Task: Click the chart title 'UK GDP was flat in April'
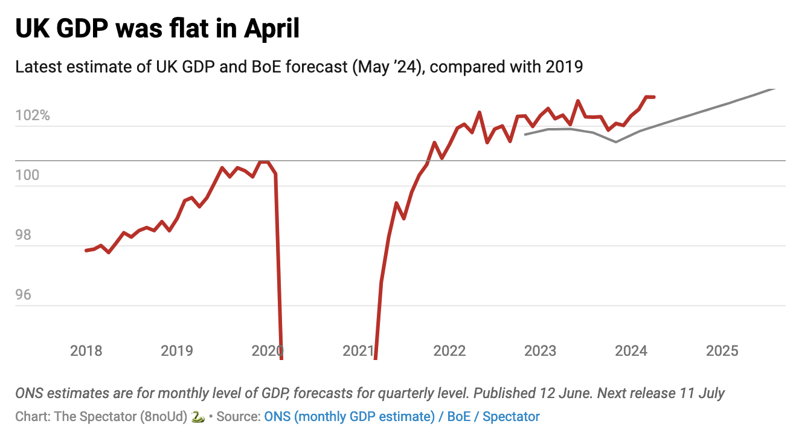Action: [x=157, y=28]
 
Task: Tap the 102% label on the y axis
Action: [x=33, y=115]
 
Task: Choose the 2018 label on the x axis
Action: [x=86, y=350]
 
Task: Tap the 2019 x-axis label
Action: [x=177, y=350]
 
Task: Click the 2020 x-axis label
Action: [x=268, y=350]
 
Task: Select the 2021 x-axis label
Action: [x=359, y=350]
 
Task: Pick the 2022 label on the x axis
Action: [x=449, y=350]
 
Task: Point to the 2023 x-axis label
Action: [x=540, y=350]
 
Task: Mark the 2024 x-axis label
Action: [x=631, y=350]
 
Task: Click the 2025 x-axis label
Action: [x=722, y=350]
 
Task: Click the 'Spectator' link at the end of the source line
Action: [x=511, y=416]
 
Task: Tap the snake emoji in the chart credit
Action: [x=197, y=416]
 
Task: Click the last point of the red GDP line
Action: [x=654, y=97]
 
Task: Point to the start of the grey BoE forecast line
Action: [x=525, y=134]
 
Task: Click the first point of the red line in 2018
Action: [x=86, y=250]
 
